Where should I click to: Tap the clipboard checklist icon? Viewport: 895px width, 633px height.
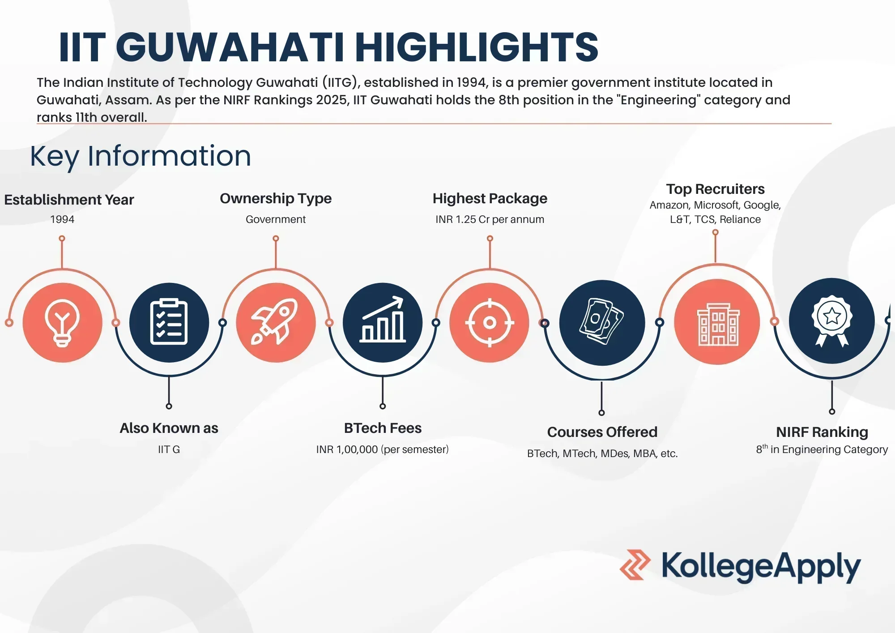click(169, 321)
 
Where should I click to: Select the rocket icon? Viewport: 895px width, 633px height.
click(275, 321)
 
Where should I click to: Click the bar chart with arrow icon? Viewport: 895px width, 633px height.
click(383, 320)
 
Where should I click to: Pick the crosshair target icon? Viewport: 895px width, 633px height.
click(490, 322)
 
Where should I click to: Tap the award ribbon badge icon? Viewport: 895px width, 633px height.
click(832, 321)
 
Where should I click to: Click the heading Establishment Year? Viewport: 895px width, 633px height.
click(69, 200)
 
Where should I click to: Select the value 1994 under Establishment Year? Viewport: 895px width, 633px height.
click(62, 219)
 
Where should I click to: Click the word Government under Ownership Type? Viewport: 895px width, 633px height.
click(276, 219)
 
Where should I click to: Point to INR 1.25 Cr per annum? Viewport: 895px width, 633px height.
click(490, 219)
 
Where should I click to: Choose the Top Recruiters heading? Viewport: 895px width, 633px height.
click(715, 189)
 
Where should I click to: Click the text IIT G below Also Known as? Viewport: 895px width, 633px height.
click(169, 449)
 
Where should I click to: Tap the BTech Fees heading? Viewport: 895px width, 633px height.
click(383, 428)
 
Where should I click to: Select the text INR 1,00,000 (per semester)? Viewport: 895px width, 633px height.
click(383, 449)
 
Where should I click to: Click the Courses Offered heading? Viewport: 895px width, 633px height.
click(602, 432)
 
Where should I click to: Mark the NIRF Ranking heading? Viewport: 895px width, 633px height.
click(822, 432)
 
